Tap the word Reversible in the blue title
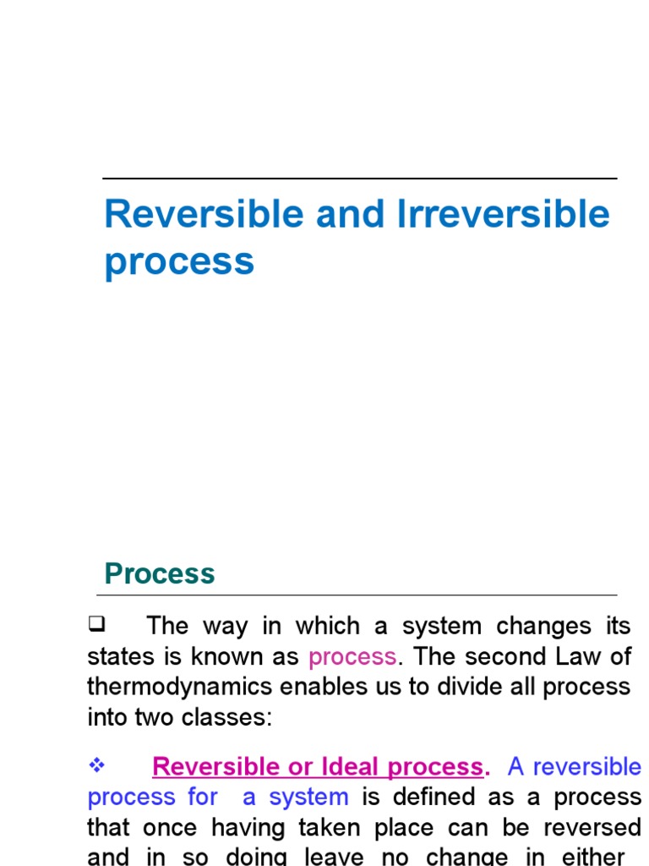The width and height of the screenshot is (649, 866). coord(205,214)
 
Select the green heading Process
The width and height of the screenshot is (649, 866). coord(160,573)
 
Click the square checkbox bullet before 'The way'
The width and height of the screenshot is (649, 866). coord(95,625)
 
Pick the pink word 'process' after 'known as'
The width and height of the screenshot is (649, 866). coord(352,656)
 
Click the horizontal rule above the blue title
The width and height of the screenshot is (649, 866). coord(359,178)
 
